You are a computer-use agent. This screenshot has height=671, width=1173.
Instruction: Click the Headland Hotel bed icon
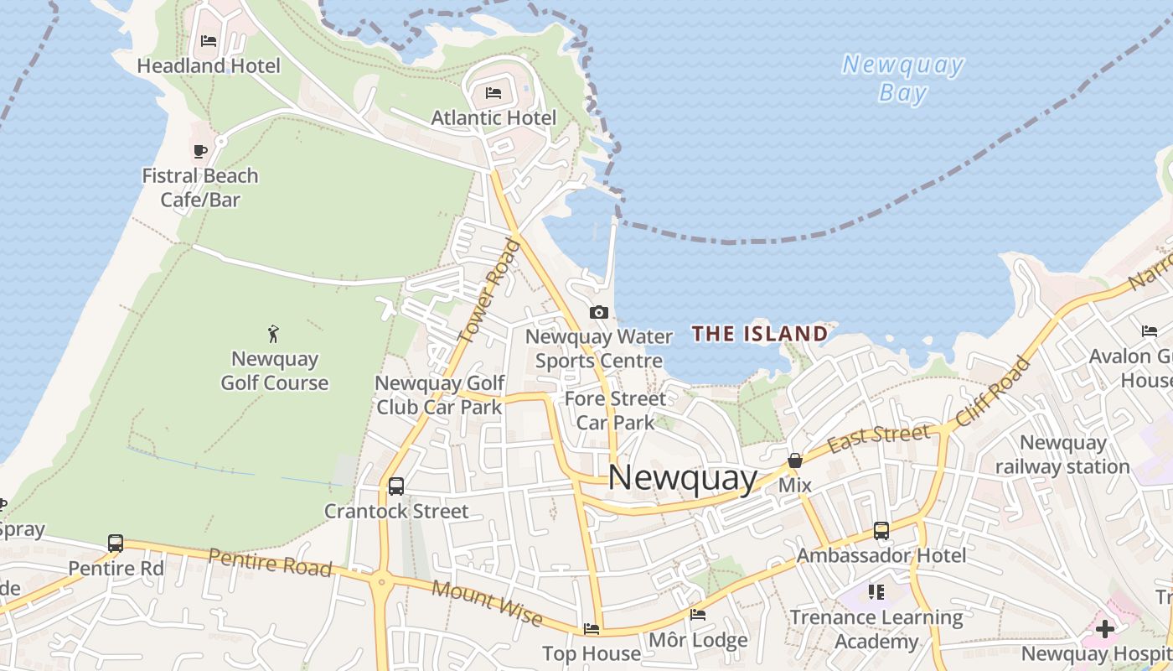(209, 40)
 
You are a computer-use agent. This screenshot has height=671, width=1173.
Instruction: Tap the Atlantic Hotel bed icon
(493, 92)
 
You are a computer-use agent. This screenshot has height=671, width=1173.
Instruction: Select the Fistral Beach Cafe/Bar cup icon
(199, 151)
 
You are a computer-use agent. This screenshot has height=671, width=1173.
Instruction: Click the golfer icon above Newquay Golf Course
(273, 334)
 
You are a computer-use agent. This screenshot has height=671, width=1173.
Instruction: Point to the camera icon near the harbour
(598, 312)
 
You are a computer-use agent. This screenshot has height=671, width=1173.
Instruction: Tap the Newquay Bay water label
(903, 78)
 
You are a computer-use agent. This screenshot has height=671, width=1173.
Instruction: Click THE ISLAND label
(760, 334)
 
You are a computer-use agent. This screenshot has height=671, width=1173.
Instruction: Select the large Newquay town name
(682, 477)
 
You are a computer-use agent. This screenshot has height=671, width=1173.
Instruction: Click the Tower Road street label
(490, 290)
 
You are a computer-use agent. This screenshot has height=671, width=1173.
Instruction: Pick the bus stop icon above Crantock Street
(396, 486)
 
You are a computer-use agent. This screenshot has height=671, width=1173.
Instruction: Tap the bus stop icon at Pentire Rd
(116, 544)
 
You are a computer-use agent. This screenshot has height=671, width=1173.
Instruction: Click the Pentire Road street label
(270, 562)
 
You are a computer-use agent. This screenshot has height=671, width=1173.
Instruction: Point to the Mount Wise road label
(487, 602)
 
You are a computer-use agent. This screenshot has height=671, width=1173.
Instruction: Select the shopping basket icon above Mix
(794, 460)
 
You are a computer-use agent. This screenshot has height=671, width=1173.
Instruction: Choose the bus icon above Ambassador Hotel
(881, 531)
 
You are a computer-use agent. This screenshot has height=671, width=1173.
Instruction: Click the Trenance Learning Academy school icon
(876, 592)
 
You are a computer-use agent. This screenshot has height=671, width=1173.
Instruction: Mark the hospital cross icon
(1105, 628)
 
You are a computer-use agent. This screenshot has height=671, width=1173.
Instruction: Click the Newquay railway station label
(1062, 455)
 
